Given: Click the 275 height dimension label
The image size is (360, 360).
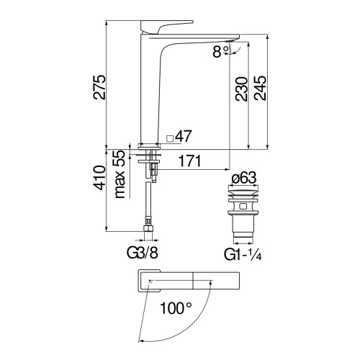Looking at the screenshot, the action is pyautogui.click(x=99, y=87).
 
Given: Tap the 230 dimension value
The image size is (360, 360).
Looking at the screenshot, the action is pyautogui.click(x=241, y=89).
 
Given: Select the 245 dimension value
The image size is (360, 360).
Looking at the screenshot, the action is pyautogui.click(x=261, y=89).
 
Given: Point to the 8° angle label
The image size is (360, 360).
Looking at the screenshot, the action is pyautogui.click(x=221, y=51).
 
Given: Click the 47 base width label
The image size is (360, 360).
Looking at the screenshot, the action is pyautogui.click(x=184, y=136).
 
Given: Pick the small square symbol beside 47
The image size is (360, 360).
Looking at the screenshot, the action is pyautogui.click(x=170, y=138).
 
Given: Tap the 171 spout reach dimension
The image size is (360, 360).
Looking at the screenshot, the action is pyautogui.click(x=190, y=161).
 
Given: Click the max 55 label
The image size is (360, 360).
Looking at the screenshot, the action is pyautogui.click(x=120, y=174).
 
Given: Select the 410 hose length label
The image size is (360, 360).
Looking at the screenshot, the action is pyautogui.click(x=99, y=178).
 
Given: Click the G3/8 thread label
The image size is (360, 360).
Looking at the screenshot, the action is pyautogui.click(x=143, y=253).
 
